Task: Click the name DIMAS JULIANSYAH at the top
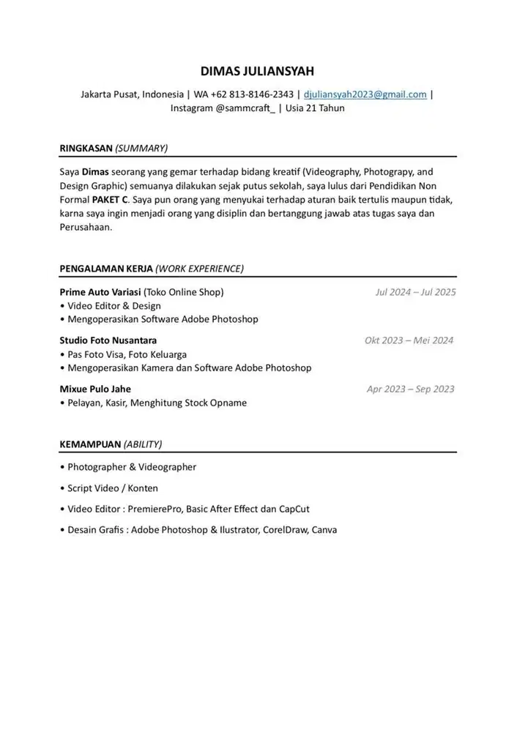click(257, 71)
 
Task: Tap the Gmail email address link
click(365, 94)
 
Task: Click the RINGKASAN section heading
click(87, 148)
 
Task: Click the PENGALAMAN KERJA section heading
click(106, 269)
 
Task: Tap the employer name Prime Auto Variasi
click(100, 292)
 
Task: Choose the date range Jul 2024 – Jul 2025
click(415, 292)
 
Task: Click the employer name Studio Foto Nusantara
click(108, 340)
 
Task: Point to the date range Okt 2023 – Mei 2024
click(409, 340)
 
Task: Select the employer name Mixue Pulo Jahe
click(95, 389)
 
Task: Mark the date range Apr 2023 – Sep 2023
click(410, 389)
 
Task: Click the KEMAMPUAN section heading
click(90, 444)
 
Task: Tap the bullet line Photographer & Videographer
click(132, 467)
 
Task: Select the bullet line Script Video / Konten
click(113, 488)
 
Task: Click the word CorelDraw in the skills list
click(286, 530)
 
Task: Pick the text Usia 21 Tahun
click(315, 108)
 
